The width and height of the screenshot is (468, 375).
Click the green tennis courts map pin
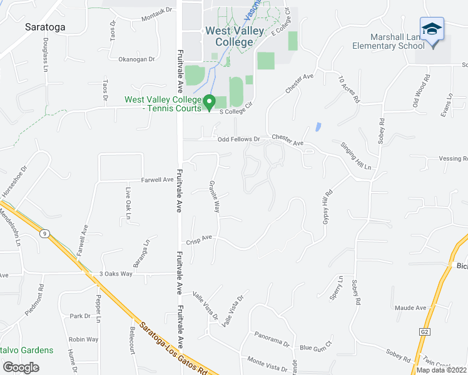pos(210,101)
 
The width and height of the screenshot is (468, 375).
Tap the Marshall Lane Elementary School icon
pos(432,29)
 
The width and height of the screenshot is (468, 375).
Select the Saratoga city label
pos(46,27)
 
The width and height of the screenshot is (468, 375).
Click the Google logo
pos(21,367)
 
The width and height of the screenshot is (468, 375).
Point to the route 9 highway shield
pos(44,233)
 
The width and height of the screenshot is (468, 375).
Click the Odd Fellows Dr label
pos(238,139)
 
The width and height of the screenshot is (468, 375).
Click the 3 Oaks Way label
pos(116,274)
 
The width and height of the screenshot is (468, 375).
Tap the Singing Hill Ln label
pos(356,156)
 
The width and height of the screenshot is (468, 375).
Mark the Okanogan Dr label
pos(136,59)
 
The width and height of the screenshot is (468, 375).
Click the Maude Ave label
pos(410,307)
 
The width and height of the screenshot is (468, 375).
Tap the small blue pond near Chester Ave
pos(318,127)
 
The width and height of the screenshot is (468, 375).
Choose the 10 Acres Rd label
pos(349,89)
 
